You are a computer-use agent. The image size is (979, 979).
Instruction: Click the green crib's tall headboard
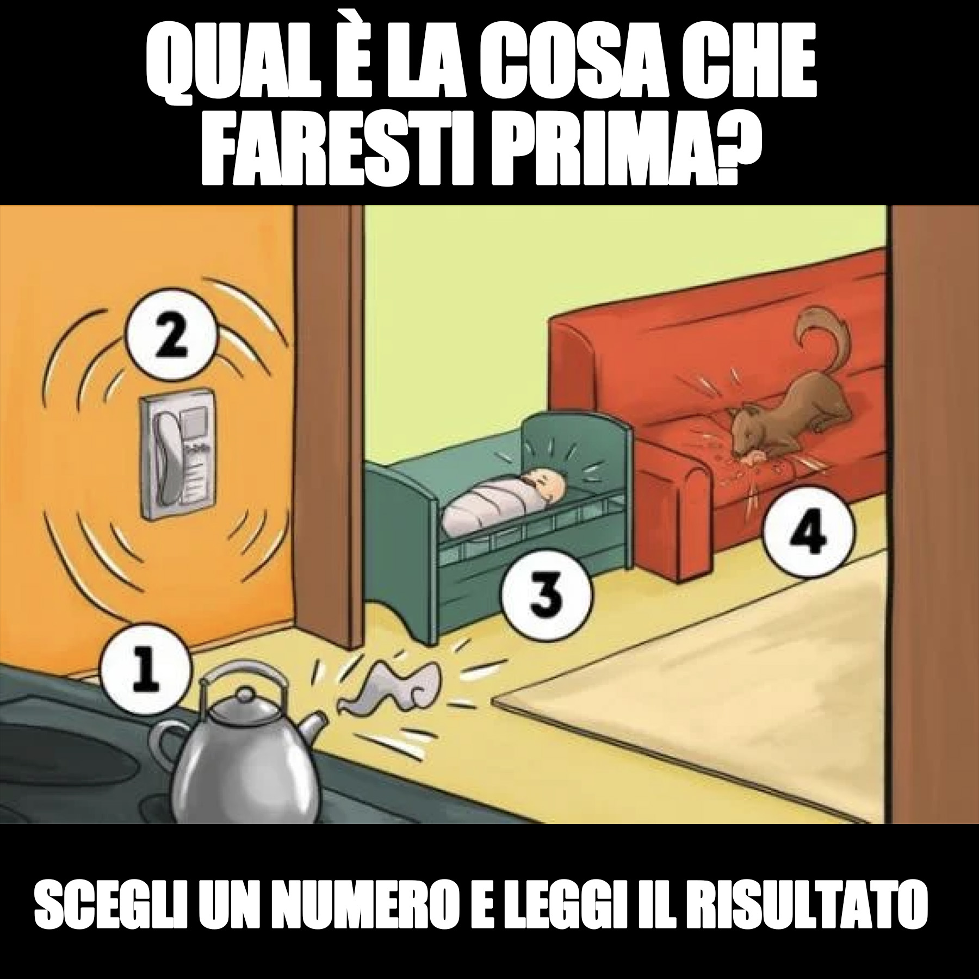click(577, 449)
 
